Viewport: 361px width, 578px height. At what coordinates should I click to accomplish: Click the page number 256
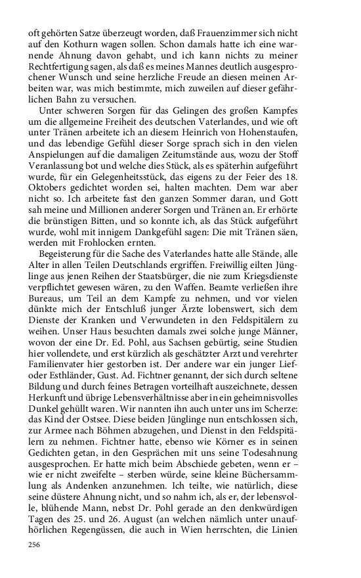pos(33,545)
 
